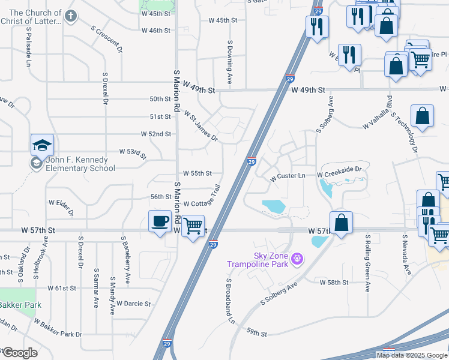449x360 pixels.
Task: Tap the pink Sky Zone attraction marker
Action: pos(296,259)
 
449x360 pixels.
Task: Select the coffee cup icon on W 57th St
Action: pos(160,221)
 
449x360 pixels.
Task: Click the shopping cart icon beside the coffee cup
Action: pos(193,226)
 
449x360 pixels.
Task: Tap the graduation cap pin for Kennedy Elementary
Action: pos(43,146)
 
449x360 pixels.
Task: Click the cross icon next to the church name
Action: pos(71,16)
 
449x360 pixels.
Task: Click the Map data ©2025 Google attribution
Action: pos(412,355)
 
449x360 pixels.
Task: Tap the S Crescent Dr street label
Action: pos(107,38)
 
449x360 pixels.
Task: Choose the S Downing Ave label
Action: pos(229,62)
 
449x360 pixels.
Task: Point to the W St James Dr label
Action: pos(200,125)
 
